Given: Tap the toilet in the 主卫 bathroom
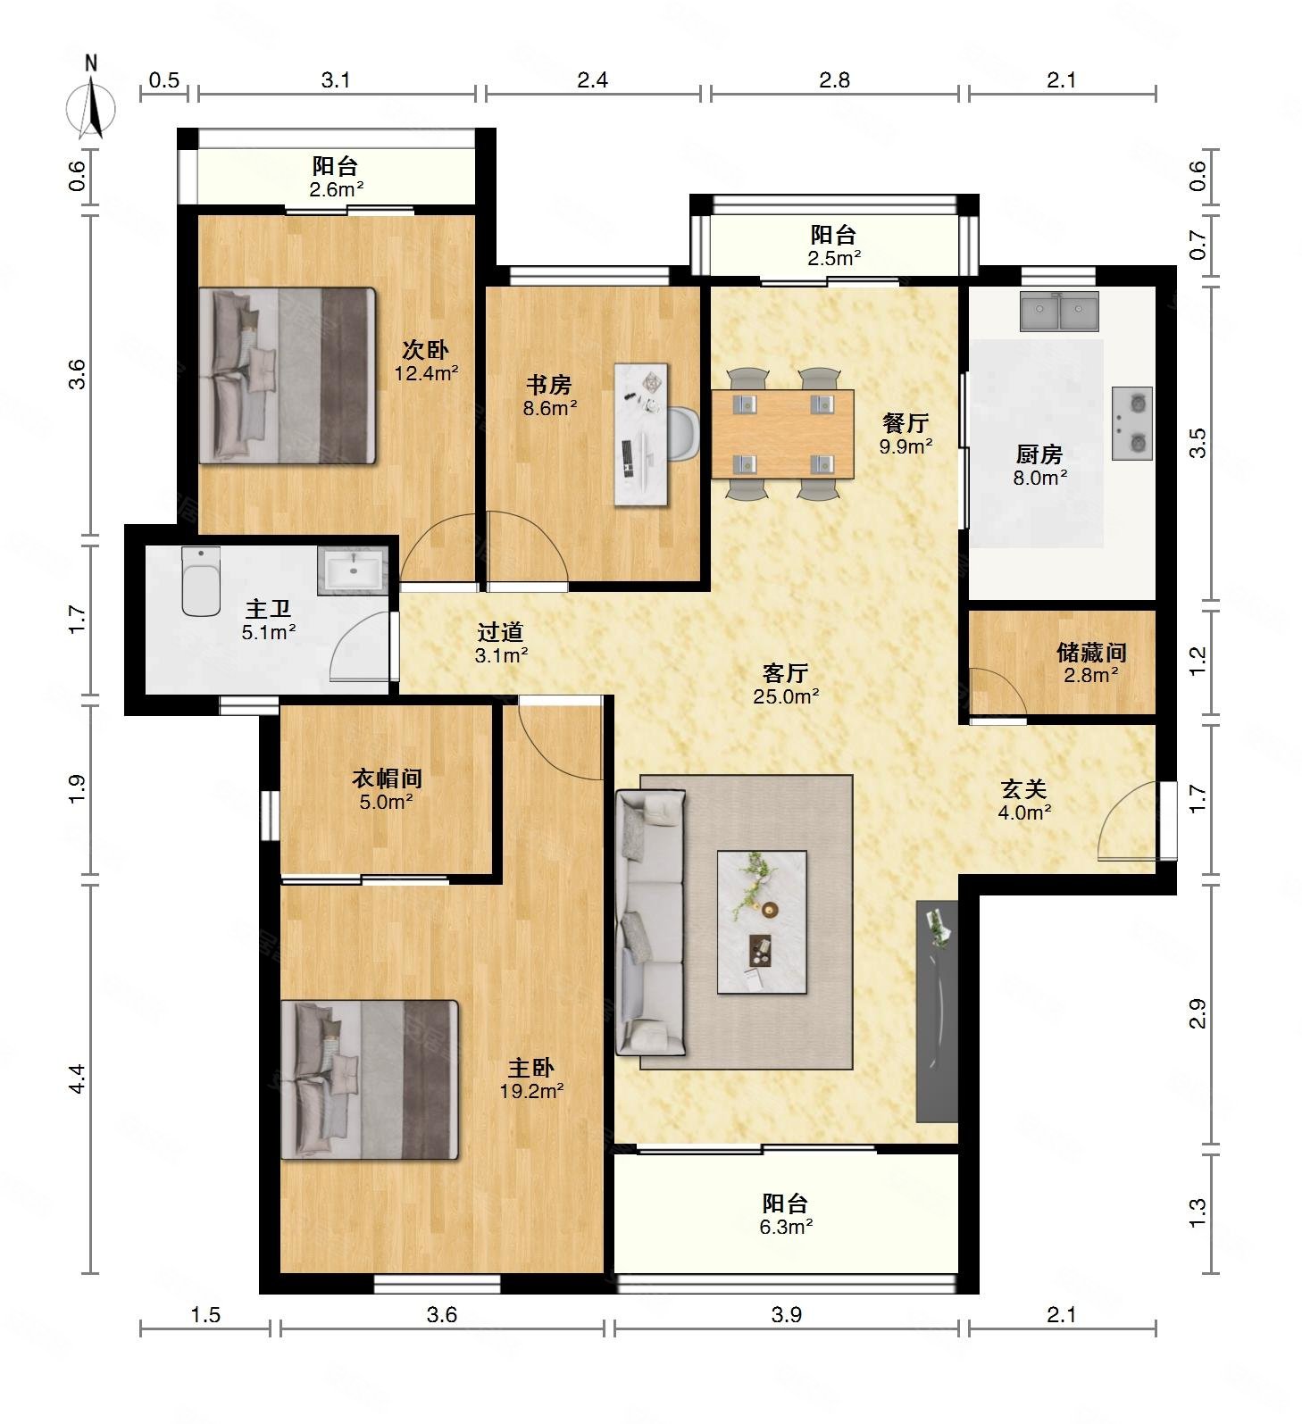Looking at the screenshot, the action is pos(201,581).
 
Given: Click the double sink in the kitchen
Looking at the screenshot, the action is pos(1059,312).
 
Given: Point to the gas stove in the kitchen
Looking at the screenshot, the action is pos(1131,423).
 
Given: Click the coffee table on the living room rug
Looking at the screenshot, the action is pos(762,922).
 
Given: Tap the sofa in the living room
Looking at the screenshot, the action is pos(650,922).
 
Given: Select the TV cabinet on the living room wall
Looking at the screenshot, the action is pos(937,1011).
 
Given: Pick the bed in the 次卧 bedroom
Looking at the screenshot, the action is pos(287,375).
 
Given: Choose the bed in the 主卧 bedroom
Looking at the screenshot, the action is pos(370,1079).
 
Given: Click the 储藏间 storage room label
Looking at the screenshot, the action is pos(1091,652).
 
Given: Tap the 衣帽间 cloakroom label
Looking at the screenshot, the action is pos(387,779).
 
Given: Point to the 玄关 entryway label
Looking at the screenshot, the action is pos(1023,789).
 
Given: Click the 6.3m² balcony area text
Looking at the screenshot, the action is pos(786,1227).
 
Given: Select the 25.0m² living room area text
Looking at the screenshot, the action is pos(786,696).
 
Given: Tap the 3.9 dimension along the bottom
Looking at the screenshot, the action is pos(787,1315).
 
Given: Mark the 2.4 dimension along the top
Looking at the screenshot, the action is pos(592,80).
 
